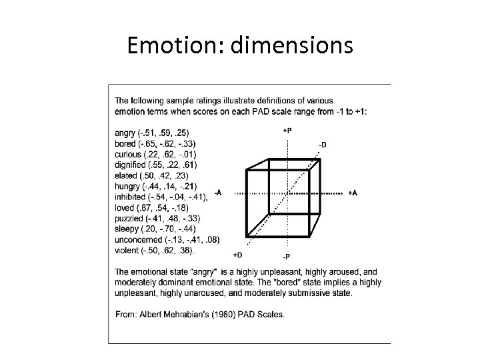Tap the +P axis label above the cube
(287, 131)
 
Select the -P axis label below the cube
(286, 257)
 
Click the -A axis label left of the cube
(217, 193)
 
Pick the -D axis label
(323, 144)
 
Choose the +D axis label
(237, 254)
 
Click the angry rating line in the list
(151, 133)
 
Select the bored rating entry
(155, 143)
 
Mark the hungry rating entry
(156, 186)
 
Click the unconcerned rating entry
(167, 239)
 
